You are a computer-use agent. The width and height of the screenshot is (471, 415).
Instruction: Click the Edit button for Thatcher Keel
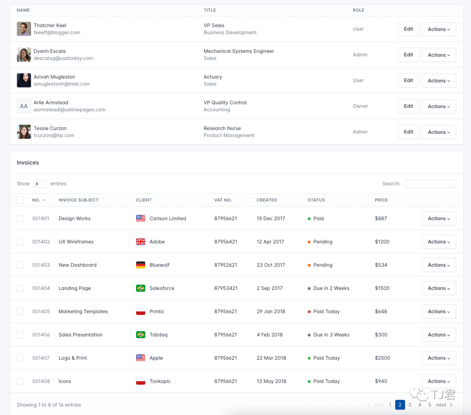click(408, 29)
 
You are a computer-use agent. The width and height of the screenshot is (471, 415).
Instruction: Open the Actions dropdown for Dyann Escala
click(439, 55)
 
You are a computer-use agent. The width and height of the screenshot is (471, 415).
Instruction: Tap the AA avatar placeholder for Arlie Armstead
click(24, 106)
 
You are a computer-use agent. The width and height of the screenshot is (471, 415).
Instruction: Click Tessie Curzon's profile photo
click(24, 132)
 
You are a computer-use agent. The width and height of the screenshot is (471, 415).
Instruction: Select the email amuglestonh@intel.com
click(61, 84)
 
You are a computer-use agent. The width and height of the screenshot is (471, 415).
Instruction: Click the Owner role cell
click(360, 106)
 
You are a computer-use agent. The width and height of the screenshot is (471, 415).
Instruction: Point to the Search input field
click(430, 184)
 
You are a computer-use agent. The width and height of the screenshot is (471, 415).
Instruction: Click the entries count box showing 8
click(40, 184)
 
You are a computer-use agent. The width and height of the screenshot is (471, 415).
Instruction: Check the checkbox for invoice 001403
click(20, 265)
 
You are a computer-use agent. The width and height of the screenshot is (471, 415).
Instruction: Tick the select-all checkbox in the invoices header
click(20, 200)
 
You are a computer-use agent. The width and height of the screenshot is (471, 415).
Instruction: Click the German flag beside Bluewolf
click(140, 265)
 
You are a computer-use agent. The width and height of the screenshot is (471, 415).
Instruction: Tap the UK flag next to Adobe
click(140, 242)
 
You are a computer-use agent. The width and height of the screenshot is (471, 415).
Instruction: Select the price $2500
click(382, 358)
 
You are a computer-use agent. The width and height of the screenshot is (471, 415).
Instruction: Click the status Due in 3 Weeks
click(331, 335)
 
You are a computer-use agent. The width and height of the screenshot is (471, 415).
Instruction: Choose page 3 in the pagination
click(410, 405)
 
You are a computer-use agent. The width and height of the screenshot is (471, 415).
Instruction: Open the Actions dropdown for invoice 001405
click(439, 312)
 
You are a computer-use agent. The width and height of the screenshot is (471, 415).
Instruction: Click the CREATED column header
click(267, 200)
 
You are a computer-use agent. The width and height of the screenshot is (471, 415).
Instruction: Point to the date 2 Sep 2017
click(270, 288)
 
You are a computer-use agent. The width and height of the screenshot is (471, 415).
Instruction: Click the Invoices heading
click(28, 163)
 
